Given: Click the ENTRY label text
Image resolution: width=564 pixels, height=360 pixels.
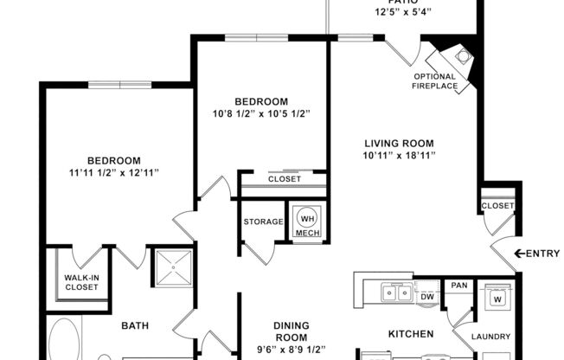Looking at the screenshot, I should click(543, 254).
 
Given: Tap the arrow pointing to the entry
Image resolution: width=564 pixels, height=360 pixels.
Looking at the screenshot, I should click(519, 254).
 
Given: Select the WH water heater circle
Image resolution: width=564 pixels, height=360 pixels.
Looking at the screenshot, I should click(307, 216).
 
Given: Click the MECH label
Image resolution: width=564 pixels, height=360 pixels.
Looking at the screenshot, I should click(307, 233).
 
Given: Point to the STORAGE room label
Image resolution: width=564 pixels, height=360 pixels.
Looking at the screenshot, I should click(263, 222).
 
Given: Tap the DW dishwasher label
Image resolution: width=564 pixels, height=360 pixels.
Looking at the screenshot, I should click(426, 296).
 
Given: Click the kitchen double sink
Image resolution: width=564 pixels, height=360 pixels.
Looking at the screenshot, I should click(394, 292).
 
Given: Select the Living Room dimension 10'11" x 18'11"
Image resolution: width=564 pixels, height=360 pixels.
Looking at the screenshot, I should click(398, 157).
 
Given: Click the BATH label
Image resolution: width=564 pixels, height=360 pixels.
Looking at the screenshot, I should click(135, 325).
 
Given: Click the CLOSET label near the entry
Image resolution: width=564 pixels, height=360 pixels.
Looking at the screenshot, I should click(498, 206).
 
